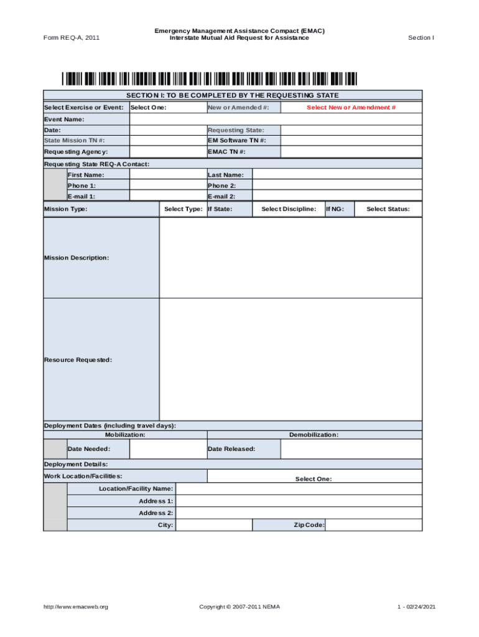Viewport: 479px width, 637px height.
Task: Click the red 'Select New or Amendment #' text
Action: [x=351, y=108]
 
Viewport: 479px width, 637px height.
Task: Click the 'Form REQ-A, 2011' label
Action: [x=72, y=38]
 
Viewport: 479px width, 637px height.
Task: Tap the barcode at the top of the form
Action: [x=210, y=79]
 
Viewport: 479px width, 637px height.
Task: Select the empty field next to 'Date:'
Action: [x=168, y=130]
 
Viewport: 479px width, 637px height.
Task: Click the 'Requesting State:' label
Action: [x=236, y=130]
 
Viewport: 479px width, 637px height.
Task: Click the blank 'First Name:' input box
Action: [x=168, y=175]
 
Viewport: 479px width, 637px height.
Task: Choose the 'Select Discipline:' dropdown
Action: [x=288, y=209]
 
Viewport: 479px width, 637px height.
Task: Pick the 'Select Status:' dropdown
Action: [x=388, y=209]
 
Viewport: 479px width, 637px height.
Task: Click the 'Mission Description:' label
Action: [x=76, y=258]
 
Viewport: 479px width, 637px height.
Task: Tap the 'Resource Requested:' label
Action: [x=78, y=360]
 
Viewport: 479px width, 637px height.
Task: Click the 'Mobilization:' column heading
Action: [x=125, y=435]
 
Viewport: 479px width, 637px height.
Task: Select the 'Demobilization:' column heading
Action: [x=314, y=435]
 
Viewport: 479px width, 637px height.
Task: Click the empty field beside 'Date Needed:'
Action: [x=168, y=449]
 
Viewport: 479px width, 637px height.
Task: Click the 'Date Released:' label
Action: [x=231, y=449]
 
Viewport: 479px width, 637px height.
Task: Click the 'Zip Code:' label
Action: [x=309, y=525]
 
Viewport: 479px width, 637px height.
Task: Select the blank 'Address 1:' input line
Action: [x=299, y=501]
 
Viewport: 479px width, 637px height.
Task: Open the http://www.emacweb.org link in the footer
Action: [x=76, y=607]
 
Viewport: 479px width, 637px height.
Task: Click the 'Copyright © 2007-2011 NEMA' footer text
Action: [x=240, y=607]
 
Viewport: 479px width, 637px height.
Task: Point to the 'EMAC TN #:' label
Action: [x=226, y=152]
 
